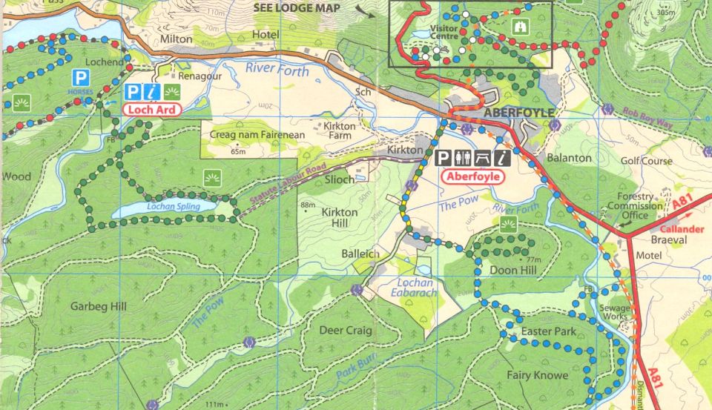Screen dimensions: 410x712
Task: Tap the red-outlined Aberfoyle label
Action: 472,177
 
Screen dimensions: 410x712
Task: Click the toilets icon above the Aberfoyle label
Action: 463,157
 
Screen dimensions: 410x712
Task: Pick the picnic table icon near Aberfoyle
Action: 482,157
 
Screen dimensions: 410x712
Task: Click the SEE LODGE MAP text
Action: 297,8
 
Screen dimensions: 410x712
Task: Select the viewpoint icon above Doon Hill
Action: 508,224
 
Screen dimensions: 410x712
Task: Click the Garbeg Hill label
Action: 98,306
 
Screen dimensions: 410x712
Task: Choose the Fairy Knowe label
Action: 537,375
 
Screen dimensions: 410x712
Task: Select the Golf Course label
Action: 647,161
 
